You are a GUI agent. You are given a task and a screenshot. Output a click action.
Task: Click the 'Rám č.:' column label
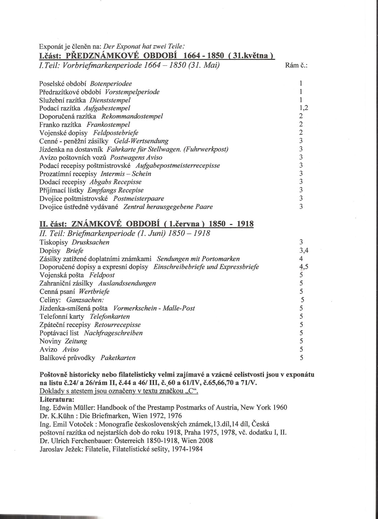coord(296,65)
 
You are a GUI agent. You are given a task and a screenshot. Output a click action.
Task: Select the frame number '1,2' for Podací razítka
coord(304,108)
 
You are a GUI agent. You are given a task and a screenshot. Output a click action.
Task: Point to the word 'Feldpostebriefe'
coord(116,133)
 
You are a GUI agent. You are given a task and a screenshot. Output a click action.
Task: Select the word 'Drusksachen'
coord(91,242)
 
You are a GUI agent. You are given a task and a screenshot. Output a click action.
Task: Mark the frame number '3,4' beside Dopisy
coord(304,251)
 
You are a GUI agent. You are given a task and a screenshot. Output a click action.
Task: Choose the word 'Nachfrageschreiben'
coord(113,333)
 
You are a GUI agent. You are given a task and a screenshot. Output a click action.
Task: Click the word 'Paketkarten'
coord(118,358)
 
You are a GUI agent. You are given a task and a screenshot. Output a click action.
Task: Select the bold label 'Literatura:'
coord(57,400)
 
